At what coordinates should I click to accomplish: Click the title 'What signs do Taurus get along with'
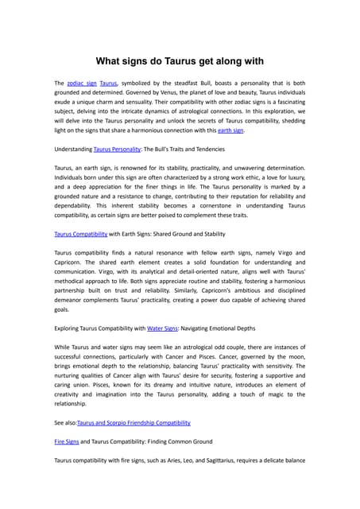click(x=180, y=61)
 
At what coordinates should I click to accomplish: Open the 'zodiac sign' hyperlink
click(x=82, y=83)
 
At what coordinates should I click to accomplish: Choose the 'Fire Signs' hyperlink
click(x=68, y=441)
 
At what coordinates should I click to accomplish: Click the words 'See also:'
click(x=65, y=422)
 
